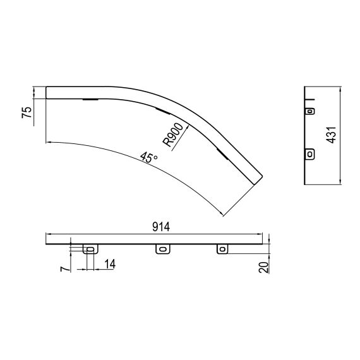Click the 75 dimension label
pyautogui.click(x=27, y=112)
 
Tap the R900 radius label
pyautogui.click(x=173, y=135)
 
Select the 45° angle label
pyautogui.click(x=149, y=157)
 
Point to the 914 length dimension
pyautogui.click(x=161, y=227)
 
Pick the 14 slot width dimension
pyautogui.click(x=110, y=264)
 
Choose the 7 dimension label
pyautogui.click(x=64, y=269)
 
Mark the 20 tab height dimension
pyautogui.click(x=263, y=267)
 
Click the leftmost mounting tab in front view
pyautogui.click(x=90, y=249)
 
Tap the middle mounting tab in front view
pyautogui.click(x=163, y=249)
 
